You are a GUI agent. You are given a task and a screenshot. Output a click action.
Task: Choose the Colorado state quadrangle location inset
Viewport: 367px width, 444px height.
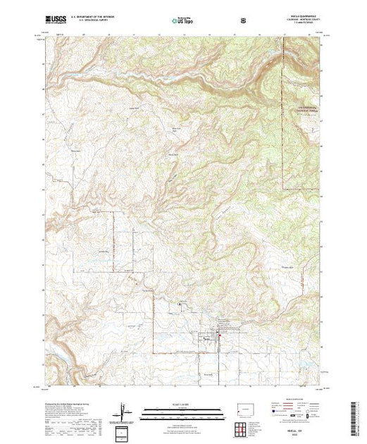[248, 409]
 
